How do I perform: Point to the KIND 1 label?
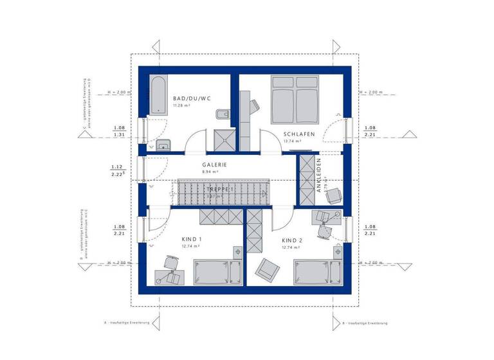(x=191, y=239)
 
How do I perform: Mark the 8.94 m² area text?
(x=210, y=172)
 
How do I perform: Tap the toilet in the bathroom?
(x=221, y=115)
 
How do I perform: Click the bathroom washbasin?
(x=163, y=144)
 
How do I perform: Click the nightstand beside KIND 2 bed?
(x=334, y=253)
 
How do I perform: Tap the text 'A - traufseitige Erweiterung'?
(x=127, y=322)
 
